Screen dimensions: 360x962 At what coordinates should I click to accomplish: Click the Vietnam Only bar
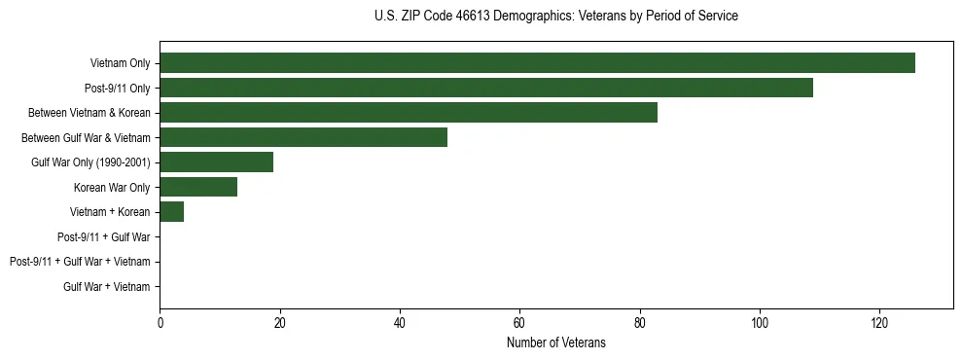(x=537, y=63)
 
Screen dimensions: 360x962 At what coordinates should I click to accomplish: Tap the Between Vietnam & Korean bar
(x=409, y=113)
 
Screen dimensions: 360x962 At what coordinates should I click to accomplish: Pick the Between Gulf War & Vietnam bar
(x=303, y=137)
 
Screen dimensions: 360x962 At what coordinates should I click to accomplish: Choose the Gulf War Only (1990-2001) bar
(x=216, y=162)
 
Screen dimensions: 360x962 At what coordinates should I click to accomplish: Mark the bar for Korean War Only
(x=198, y=187)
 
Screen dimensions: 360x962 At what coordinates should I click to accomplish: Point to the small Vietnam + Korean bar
(x=171, y=211)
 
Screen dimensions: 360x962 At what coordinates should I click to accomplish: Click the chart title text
(x=555, y=17)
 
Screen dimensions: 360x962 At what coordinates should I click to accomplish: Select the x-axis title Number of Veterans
(x=555, y=342)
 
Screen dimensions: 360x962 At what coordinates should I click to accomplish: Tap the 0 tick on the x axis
(x=160, y=322)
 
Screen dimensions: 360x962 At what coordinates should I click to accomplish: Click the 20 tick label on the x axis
(x=279, y=322)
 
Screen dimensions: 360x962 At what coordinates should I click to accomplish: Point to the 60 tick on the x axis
(x=519, y=322)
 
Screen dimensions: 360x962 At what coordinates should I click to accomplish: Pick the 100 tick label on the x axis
(x=760, y=322)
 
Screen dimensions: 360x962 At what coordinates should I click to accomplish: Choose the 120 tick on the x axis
(x=879, y=322)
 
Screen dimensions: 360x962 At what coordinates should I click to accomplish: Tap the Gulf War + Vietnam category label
(x=106, y=286)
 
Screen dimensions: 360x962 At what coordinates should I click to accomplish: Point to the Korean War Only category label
(x=112, y=187)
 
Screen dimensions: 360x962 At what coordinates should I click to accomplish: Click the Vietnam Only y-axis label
(x=120, y=63)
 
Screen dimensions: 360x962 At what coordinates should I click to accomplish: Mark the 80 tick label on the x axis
(x=640, y=322)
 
